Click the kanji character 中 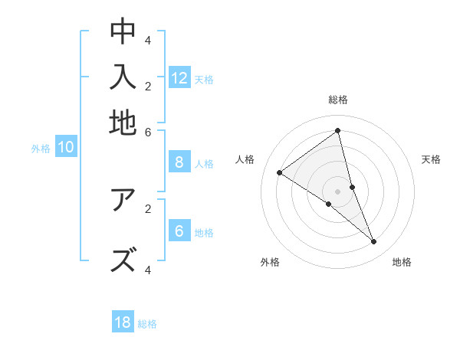123,31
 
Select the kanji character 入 123,77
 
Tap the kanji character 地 123,122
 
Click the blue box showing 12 179,78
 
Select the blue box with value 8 179,162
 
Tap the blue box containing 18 123,322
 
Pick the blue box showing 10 66,148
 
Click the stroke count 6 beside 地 148,131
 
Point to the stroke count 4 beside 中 148,40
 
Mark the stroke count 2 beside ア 148,208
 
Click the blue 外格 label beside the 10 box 41,149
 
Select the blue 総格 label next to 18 147,324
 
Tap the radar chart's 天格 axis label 431,159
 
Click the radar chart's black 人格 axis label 245,159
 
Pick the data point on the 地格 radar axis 374,242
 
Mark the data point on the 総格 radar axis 337,131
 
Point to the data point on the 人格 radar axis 279,173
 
